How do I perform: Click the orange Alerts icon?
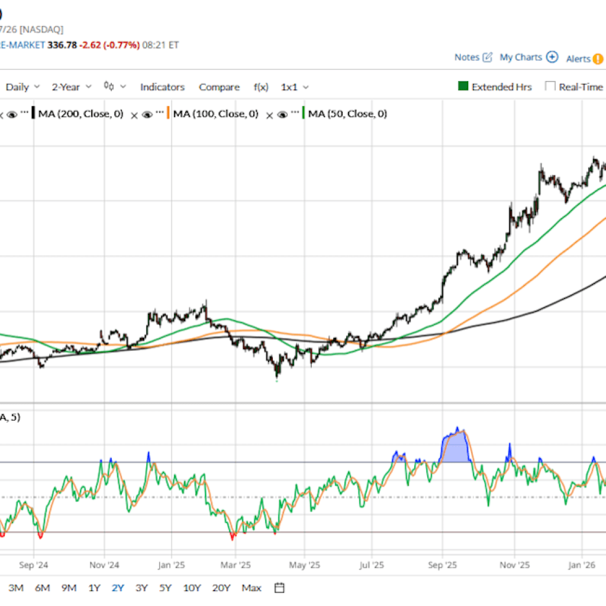(598, 59)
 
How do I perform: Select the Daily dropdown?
(22, 87)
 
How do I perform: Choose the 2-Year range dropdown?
(71, 87)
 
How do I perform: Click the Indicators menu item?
(162, 87)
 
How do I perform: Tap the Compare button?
(219, 87)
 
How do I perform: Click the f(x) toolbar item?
(261, 87)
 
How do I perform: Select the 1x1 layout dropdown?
(294, 87)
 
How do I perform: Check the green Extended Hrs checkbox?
(463, 86)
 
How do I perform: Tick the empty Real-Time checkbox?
(550, 86)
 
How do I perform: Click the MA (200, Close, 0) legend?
(80, 114)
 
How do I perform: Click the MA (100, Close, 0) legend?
(215, 114)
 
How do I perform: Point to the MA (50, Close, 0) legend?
(347, 114)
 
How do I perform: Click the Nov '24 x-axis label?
(105, 565)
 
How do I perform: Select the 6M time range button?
(42, 588)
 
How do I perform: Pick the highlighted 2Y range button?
(118, 588)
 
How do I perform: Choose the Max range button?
(252, 588)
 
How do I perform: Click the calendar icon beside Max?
(280, 588)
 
